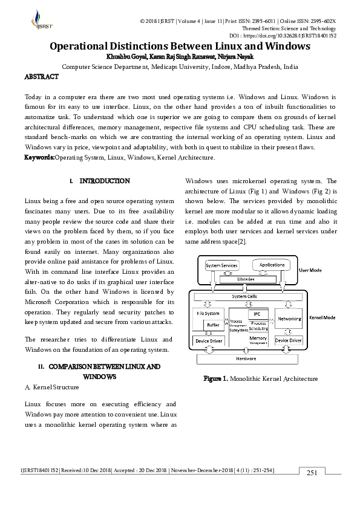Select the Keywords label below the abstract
[x=39, y=157]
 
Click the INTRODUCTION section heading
[x=104, y=181]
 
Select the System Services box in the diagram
[x=221, y=265]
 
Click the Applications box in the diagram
[x=272, y=265]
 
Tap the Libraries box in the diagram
[x=247, y=279]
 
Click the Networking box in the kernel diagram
[x=289, y=317]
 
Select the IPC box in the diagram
[x=257, y=314]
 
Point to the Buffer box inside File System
[x=213, y=325]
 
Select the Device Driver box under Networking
[x=289, y=340]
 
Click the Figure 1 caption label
[x=215, y=378]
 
